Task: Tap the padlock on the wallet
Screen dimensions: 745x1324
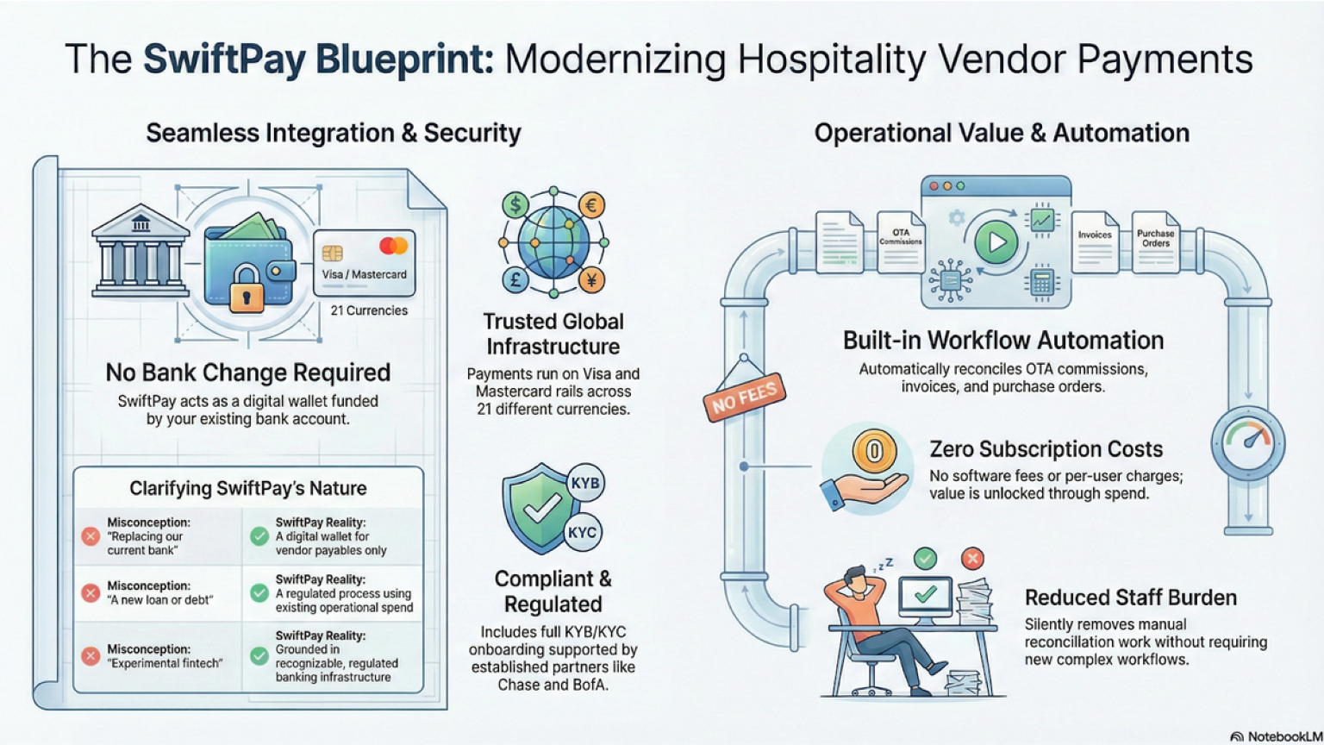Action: coord(247,288)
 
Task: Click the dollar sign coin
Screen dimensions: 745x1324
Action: coord(515,205)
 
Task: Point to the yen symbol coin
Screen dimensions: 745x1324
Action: coord(592,279)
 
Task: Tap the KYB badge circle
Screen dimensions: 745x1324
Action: coord(585,484)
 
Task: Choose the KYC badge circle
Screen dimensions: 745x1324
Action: coord(582,532)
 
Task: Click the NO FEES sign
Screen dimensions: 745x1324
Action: coord(745,398)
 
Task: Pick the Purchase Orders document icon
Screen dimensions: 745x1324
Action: coord(1155,242)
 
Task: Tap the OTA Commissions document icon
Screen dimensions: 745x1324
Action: coord(901,242)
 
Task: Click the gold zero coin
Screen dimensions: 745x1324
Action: coord(874,451)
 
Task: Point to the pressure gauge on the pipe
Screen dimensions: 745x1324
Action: coord(1248,443)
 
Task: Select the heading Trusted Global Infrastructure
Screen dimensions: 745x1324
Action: coord(553,334)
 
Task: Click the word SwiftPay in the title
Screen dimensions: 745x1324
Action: coord(224,59)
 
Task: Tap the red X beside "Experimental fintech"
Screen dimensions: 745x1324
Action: coord(90,656)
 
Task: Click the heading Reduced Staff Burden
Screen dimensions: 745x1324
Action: coord(1130,598)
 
